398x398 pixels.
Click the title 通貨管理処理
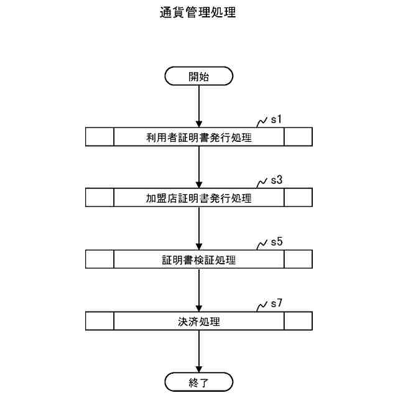coord(198,12)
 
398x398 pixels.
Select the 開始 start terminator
coord(198,76)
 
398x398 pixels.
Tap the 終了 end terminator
coord(198,381)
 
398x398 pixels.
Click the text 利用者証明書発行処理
coord(198,137)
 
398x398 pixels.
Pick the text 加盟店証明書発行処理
coord(198,198)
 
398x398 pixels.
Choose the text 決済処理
coord(198,322)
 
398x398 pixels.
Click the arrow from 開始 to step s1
coord(198,106)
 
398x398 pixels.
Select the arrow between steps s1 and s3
coord(198,167)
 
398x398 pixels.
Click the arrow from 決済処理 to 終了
coord(198,351)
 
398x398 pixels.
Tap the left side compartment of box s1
coord(99,137)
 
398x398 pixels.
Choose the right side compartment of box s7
coord(298,322)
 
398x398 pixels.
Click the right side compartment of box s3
coord(298,198)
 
